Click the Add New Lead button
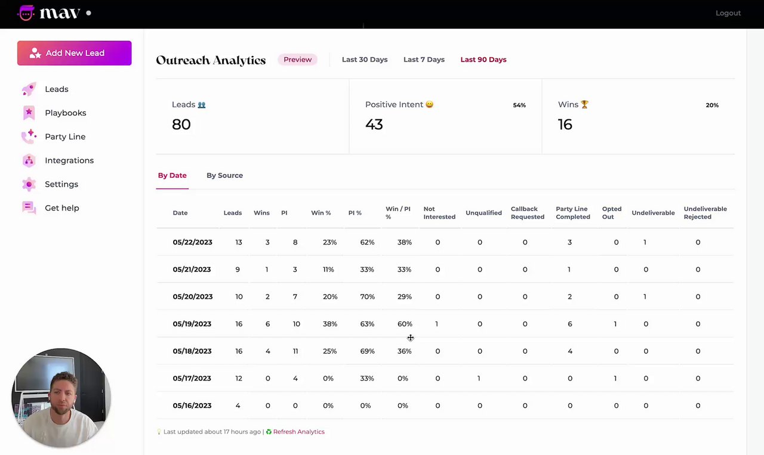74,53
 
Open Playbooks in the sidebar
65,113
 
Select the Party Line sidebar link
64,137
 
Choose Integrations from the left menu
69,160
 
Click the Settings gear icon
29,184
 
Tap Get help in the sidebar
61,208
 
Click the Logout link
728,13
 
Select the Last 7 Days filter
424,60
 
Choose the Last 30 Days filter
364,60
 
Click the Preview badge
297,60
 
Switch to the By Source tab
224,175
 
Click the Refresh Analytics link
298,432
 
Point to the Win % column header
321,213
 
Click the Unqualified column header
483,213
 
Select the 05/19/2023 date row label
192,324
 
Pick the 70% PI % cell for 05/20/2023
367,296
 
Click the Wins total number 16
565,124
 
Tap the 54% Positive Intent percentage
519,105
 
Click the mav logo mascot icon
26,13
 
